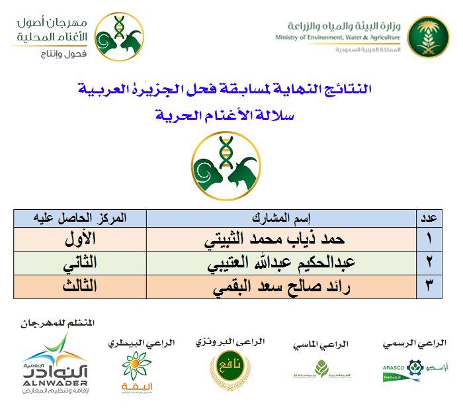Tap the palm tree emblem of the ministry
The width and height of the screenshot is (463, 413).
428,36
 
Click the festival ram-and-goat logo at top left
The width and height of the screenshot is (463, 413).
119,36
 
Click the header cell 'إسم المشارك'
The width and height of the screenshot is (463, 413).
280,218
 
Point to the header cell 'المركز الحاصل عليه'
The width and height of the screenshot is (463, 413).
80,218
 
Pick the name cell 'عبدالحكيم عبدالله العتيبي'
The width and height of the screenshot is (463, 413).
280,263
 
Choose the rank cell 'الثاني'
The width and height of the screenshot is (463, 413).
80,263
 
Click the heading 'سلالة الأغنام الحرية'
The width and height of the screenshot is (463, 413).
228,116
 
